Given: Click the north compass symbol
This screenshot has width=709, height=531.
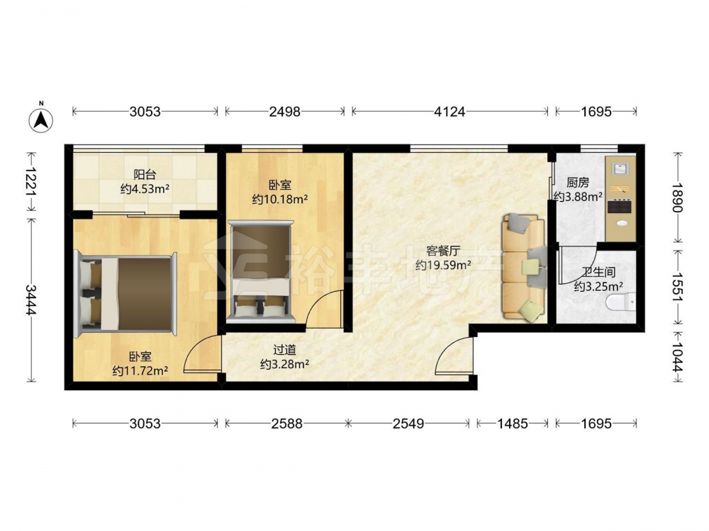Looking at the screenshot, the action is [x=40, y=118].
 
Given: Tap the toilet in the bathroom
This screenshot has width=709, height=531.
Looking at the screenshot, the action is [x=621, y=302].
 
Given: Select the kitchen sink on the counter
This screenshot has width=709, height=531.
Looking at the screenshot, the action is [x=620, y=169].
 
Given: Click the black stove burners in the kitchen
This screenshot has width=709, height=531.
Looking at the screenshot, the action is [x=619, y=206].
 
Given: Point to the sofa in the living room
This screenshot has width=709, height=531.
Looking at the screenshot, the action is [x=525, y=268].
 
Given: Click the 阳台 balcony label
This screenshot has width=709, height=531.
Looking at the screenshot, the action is [x=145, y=174].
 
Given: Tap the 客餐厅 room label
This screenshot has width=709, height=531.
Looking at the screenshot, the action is [x=443, y=251].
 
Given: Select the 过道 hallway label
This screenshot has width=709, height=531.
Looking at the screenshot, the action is [x=284, y=350].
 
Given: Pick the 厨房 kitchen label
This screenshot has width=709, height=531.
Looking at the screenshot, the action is [x=578, y=183].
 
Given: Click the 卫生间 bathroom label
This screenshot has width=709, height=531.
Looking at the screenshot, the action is [x=598, y=273].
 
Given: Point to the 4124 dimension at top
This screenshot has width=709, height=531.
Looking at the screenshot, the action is [x=450, y=112].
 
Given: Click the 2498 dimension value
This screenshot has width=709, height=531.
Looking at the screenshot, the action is [x=284, y=112].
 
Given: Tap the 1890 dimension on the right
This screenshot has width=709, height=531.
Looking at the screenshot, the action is [x=677, y=197].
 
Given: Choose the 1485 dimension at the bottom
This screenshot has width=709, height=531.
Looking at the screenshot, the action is [x=513, y=423].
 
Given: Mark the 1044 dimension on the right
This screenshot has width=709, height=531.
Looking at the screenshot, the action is [x=677, y=357].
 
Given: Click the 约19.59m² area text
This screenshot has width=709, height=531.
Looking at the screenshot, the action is [x=443, y=265].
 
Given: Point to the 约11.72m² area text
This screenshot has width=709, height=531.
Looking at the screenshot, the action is [x=140, y=371].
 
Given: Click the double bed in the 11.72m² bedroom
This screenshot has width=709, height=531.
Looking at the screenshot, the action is [x=125, y=294].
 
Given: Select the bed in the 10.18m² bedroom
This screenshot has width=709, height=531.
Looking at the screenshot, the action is [x=260, y=271].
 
